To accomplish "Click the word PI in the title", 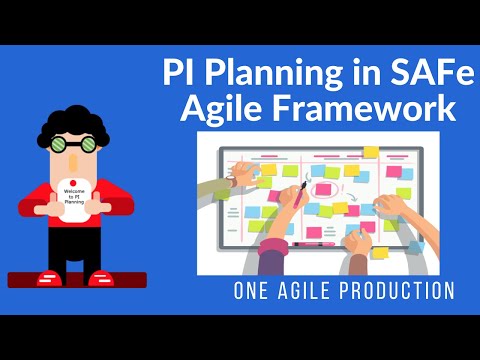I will (x=186, y=75).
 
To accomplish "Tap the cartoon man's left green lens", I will (x=64, y=144).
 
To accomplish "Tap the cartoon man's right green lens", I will (x=90, y=144).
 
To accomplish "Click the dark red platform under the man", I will (x=75, y=283).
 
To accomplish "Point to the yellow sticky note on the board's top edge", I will (x=371, y=152).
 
